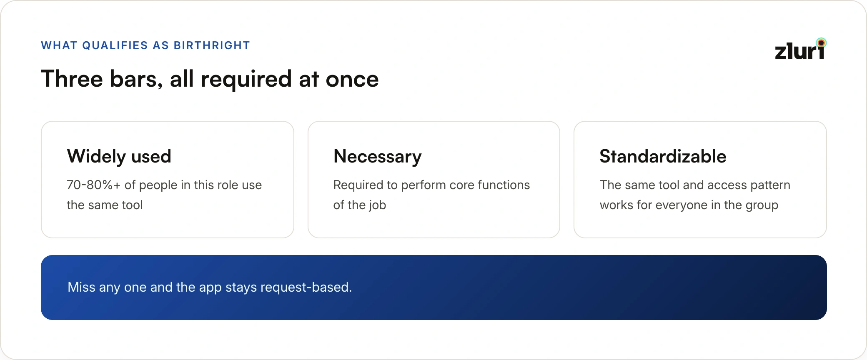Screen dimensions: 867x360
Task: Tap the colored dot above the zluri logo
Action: click(x=821, y=42)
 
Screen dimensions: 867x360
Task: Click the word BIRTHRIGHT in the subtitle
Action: click(x=212, y=45)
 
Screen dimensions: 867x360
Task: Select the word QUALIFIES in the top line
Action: click(x=115, y=45)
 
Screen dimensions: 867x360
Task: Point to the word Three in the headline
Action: click(x=72, y=79)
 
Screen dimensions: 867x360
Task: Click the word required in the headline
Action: click(x=246, y=80)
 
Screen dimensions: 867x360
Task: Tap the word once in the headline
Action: click(x=352, y=80)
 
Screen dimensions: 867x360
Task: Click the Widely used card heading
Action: click(x=119, y=157)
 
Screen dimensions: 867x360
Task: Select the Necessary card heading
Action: click(x=377, y=157)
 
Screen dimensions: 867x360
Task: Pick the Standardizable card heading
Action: click(x=663, y=156)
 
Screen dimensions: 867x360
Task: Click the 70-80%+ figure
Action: click(x=93, y=185)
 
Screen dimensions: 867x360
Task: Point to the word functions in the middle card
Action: click(x=504, y=185)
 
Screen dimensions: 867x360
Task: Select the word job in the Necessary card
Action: click(x=377, y=205)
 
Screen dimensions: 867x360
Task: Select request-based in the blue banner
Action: click(x=306, y=287)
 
